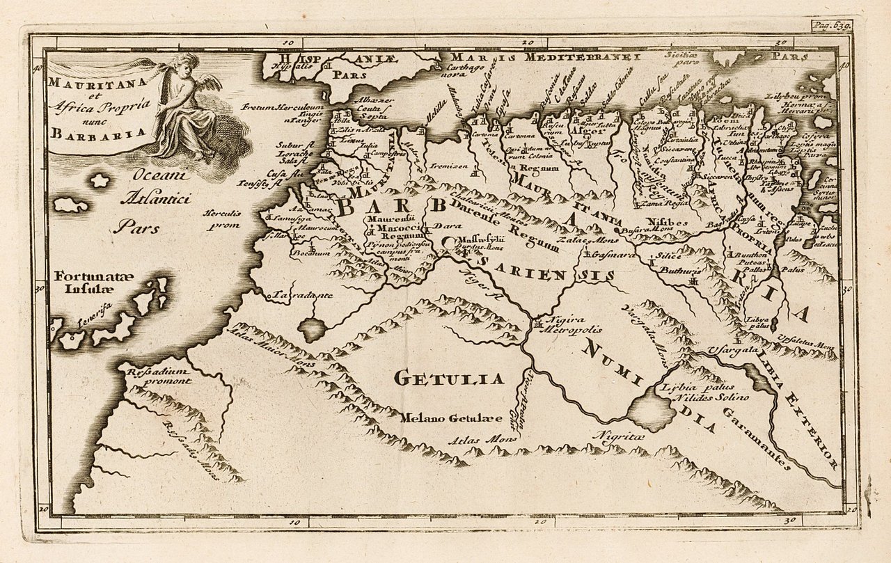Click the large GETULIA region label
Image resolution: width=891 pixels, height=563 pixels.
(448, 379)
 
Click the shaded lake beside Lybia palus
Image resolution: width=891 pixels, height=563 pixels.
(651, 409)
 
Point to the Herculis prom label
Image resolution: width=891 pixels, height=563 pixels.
(221, 219)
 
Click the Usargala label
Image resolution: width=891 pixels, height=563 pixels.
(732, 350)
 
